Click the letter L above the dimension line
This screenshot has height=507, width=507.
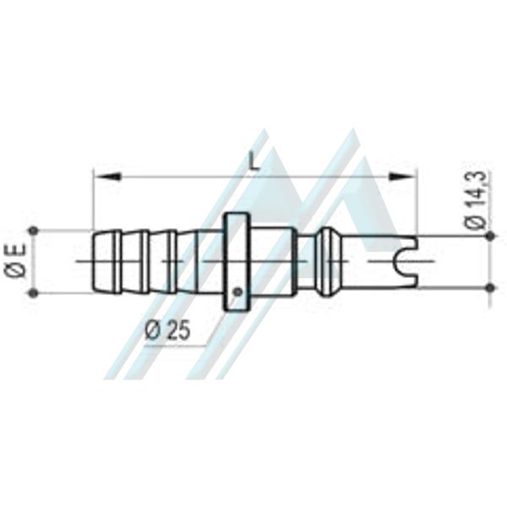click(x=255, y=162)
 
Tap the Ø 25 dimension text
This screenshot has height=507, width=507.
click(x=168, y=330)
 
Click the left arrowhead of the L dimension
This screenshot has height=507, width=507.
click(x=107, y=177)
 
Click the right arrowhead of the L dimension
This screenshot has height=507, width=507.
click(x=402, y=177)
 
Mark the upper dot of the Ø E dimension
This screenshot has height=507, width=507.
click(x=33, y=231)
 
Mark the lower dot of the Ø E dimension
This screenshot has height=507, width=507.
click(x=33, y=293)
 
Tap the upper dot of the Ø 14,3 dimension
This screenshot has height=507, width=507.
click(x=490, y=237)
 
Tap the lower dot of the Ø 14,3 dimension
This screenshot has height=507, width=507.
click(x=490, y=287)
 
